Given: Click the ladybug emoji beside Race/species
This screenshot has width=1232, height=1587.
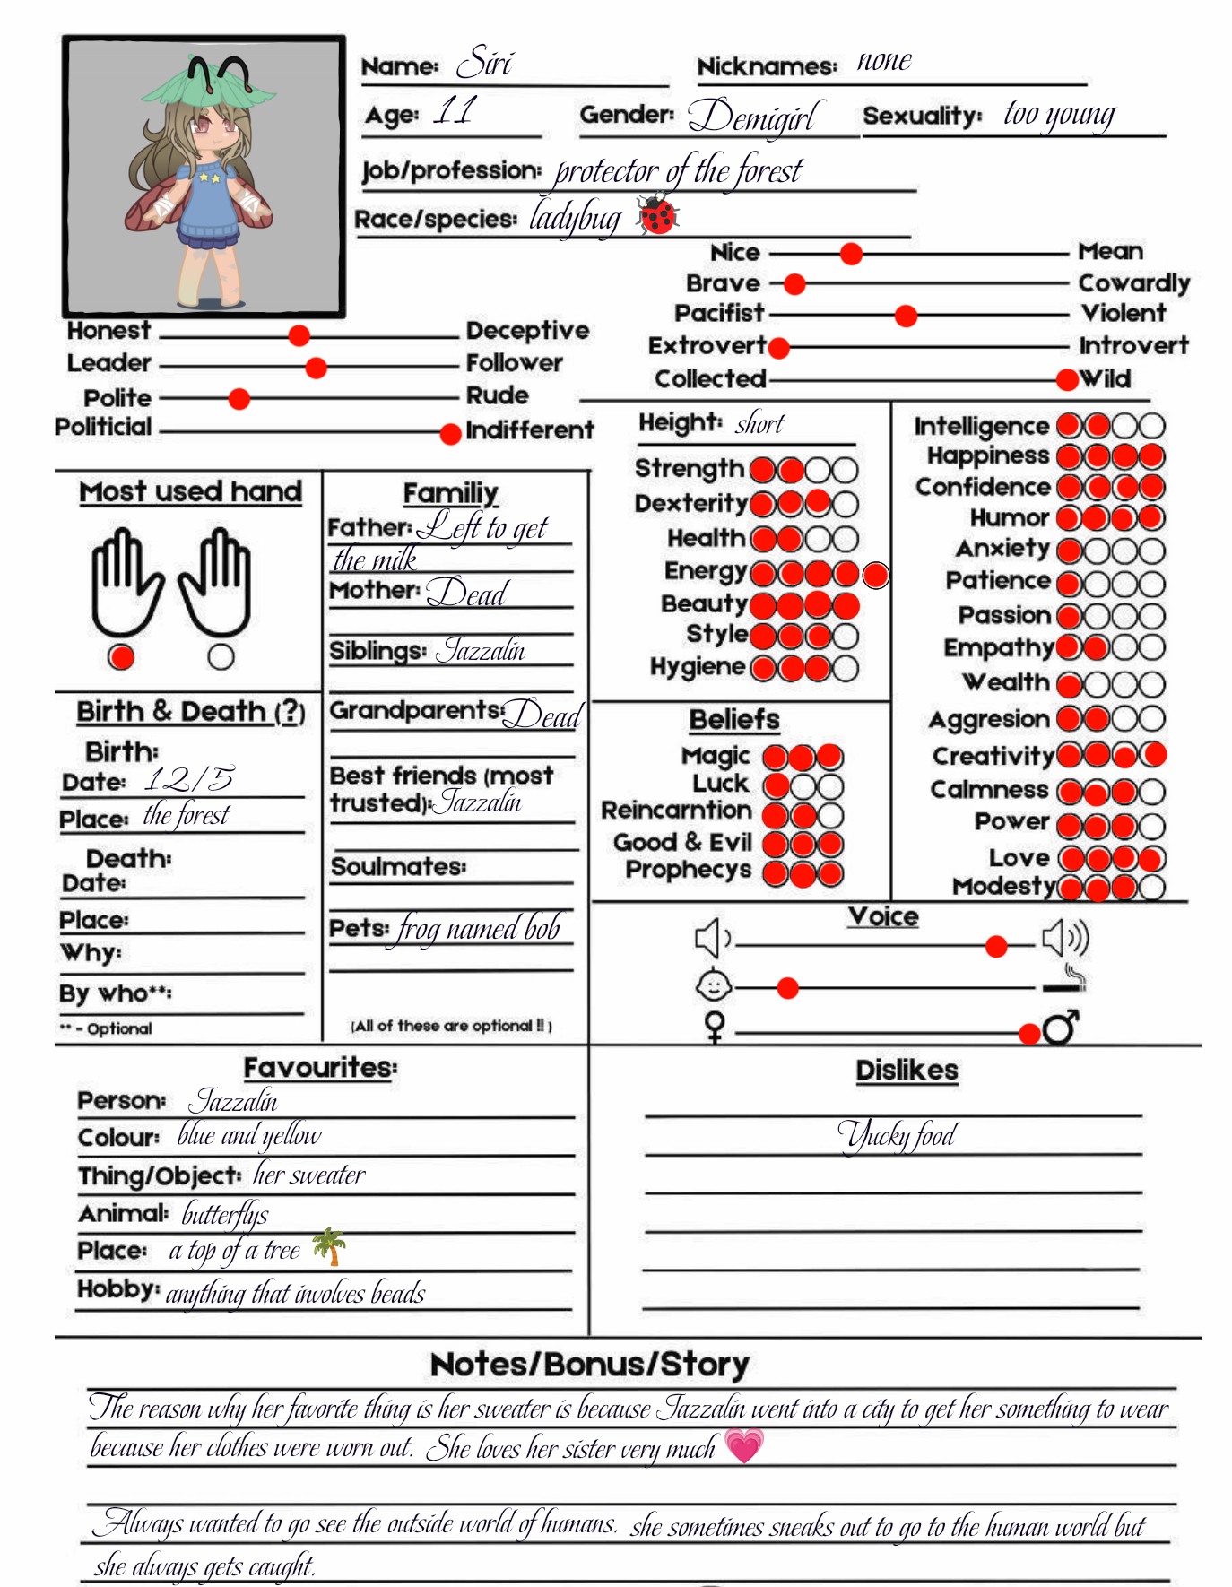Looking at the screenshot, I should [x=658, y=216].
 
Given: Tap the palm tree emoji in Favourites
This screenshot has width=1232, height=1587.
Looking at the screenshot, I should [x=329, y=1245].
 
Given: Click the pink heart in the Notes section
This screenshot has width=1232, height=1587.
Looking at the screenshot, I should [x=744, y=1445].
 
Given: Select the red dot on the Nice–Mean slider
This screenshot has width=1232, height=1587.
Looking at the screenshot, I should [x=851, y=254].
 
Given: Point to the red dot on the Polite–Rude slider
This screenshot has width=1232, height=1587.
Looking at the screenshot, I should [x=239, y=398].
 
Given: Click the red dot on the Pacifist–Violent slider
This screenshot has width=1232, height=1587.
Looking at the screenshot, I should [x=906, y=316].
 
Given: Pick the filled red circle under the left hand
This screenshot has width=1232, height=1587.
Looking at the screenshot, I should [x=121, y=657].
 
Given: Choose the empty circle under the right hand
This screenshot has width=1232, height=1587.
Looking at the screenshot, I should [x=221, y=657].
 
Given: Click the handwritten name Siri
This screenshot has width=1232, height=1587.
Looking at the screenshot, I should [x=484, y=63].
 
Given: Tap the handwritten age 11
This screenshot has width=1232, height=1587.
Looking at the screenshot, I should [x=455, y=111].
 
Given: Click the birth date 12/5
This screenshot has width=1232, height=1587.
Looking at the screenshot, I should [x=190, y=778].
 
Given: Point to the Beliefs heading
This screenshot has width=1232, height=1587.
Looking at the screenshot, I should [x=734, y=719].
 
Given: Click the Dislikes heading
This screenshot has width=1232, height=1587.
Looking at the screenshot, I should [x=907, y=1070].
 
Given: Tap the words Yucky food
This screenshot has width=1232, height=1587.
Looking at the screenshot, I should [x=897, y=1136].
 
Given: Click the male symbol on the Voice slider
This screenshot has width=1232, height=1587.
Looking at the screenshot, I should [x=1061, y=1027].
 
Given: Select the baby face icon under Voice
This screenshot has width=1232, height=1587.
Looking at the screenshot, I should [x=714, y=985].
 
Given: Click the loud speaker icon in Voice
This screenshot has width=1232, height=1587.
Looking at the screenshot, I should [x=1065, y=938].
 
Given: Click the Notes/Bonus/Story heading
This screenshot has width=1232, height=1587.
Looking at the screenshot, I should [x=589, y=1364].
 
